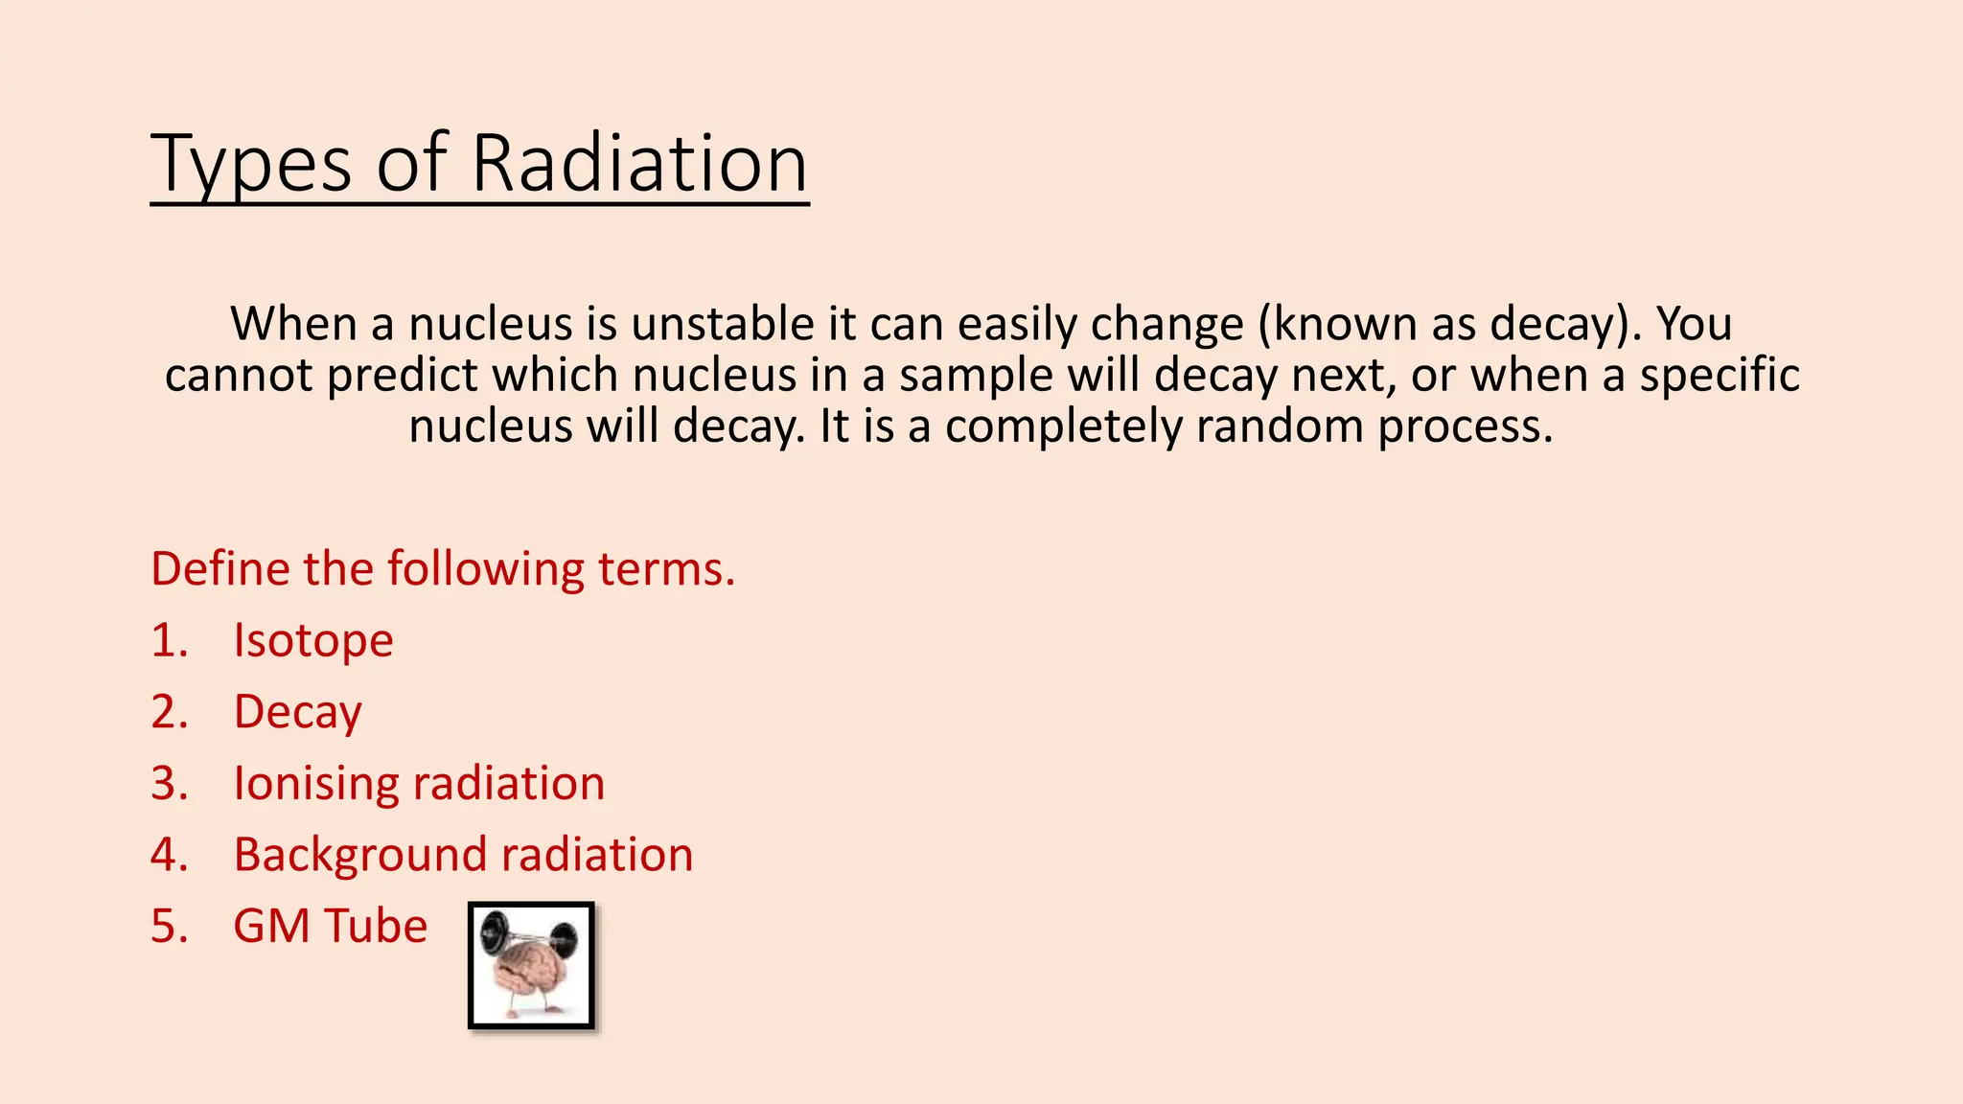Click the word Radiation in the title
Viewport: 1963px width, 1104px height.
639,163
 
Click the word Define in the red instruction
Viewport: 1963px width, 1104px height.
220,568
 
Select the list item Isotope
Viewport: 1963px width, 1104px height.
313,641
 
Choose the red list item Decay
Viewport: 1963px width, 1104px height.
298,713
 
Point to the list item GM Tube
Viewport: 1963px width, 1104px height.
330,927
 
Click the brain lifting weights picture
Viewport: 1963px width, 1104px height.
531,965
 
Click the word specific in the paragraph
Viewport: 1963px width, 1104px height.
1720,376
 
